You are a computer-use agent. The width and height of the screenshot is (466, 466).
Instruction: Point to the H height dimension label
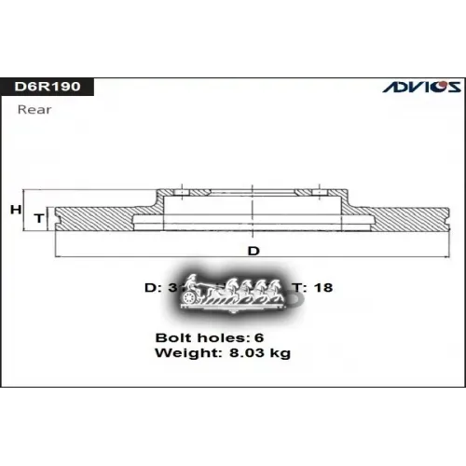point(15,210)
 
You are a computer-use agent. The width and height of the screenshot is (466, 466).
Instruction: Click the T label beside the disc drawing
point(39,217)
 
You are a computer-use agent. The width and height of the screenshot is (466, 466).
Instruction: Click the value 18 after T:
point(322,288)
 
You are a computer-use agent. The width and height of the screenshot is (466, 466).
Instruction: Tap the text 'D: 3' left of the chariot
point(160,288)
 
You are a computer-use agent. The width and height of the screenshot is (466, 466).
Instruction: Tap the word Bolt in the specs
point(172,336)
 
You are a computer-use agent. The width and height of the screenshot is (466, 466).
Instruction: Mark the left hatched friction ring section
point(93,219)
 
